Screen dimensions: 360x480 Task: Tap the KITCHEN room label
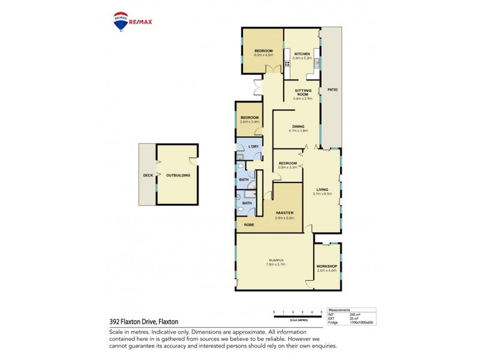[x=302, y=53]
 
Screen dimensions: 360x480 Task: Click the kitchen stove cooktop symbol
[x=287, y=64]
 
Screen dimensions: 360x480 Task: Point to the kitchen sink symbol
[x=316, y=62]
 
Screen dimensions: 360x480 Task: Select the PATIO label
[x=332, y=90]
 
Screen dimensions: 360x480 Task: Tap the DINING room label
[x=299, y=126]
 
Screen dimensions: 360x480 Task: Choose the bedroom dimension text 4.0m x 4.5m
[x=263, y=55]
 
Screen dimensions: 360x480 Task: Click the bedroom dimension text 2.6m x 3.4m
[x=249, y=122]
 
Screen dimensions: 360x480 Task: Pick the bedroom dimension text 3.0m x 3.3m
[x=288, y=167]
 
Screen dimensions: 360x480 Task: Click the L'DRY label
[x=253, y=146]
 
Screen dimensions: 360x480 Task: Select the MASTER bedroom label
[x=284, y=213]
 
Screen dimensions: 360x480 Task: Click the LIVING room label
[x=322, y=190]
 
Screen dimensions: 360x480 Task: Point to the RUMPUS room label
[x=275, y=260]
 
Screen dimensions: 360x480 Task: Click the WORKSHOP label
[x=326, y=266]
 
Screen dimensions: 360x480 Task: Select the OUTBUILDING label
[x=178, y=175]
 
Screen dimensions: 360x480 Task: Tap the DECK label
[x=148, y=175]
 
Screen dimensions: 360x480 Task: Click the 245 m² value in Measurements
[x=355, y=314]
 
